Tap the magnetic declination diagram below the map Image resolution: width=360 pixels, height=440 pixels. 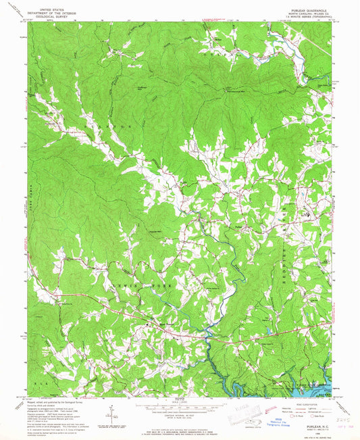(x=108, y=410)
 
